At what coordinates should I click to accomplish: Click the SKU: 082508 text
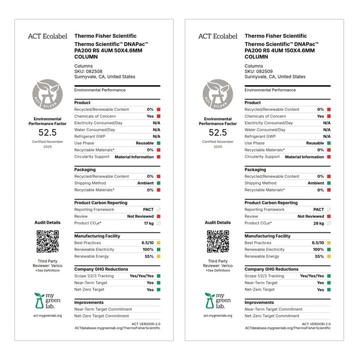click(88, 71)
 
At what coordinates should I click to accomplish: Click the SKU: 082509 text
click(259, 71)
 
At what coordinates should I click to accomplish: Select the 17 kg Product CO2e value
click(148, 223)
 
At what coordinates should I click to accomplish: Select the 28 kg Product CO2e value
click(319, 223)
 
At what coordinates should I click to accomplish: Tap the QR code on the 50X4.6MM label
click(48, 241)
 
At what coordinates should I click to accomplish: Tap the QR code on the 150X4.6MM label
click(218, 241)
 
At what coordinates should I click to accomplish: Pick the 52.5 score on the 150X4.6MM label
click(218, 132)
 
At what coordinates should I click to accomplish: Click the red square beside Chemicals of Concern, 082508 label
click(158, 116)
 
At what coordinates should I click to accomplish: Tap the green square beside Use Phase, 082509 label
click(329, 143)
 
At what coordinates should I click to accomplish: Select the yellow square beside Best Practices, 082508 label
click(158, 243)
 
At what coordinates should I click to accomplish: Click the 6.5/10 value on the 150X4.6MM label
click(318, 243)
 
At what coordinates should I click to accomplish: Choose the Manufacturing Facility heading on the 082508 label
click(97, 236)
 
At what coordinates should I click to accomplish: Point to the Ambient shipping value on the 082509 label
click(316, 183)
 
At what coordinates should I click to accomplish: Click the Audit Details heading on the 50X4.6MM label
click(48, 223)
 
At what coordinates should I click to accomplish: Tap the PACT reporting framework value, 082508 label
click(148, 209)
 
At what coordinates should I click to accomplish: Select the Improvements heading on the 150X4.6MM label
click(259, 302)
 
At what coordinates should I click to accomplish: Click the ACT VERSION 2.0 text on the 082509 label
click(316, 324)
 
